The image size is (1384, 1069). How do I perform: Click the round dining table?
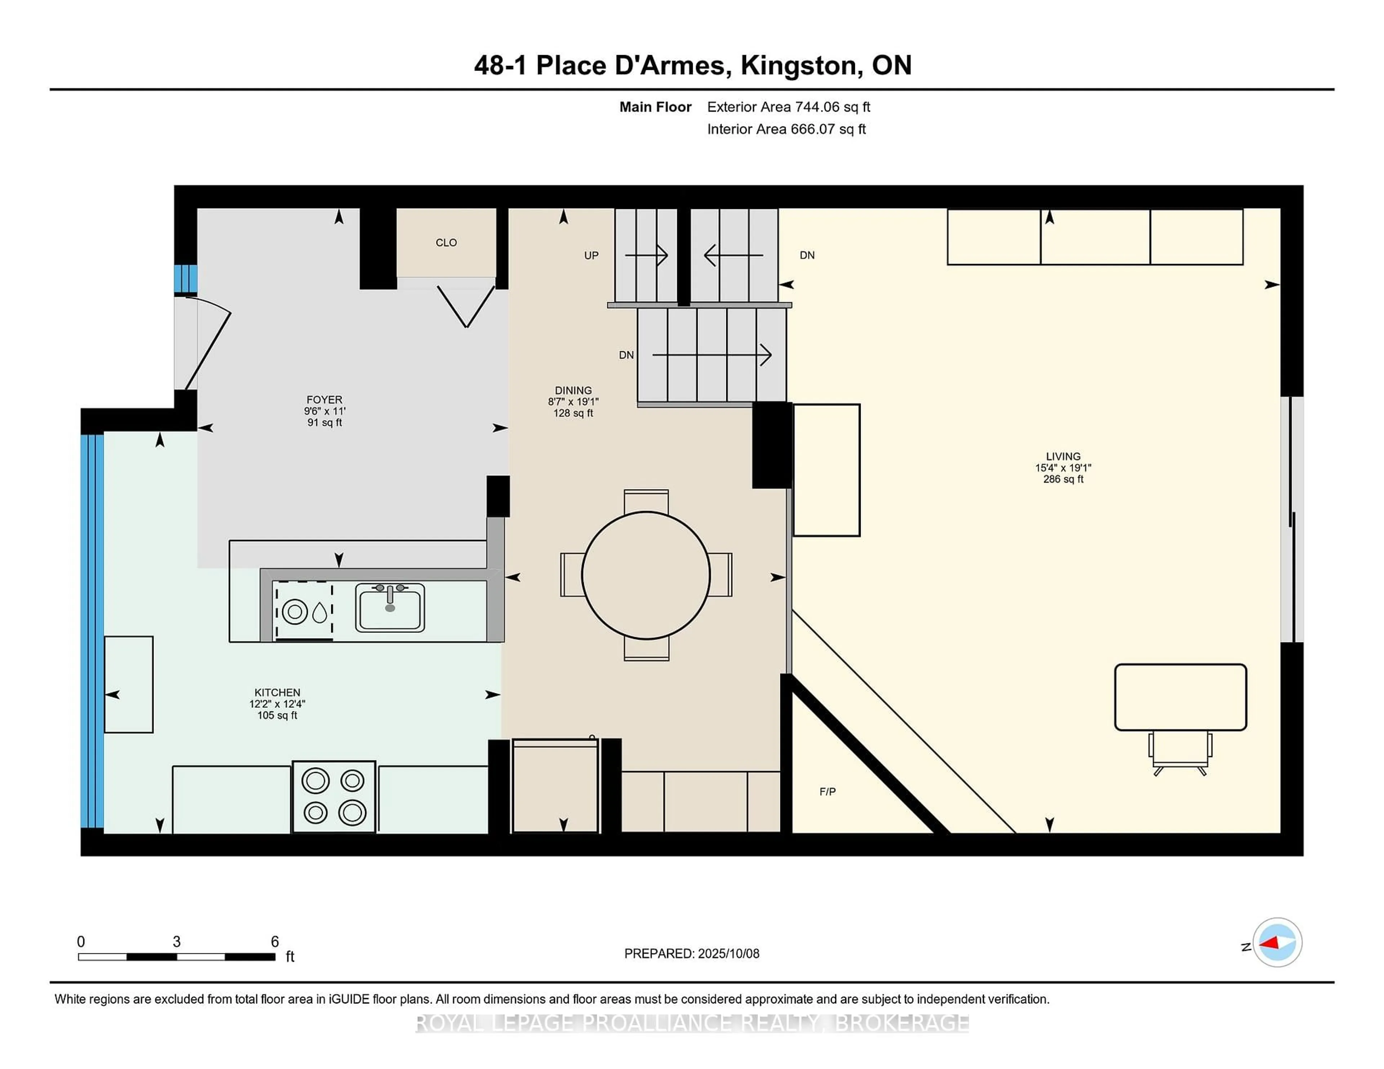(x=646, y=575)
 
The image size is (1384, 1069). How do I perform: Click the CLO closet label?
(x=446, y=242)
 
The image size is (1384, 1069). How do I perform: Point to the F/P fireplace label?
(x=828, y=792)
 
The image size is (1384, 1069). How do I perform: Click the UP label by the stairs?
(x=591, y=256)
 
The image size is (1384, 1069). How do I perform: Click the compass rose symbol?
(x=1277, y=942)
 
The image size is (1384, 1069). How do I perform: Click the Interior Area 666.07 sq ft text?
(x=786, y=129)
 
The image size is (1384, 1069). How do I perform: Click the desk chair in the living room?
(x=1180, y=752)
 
